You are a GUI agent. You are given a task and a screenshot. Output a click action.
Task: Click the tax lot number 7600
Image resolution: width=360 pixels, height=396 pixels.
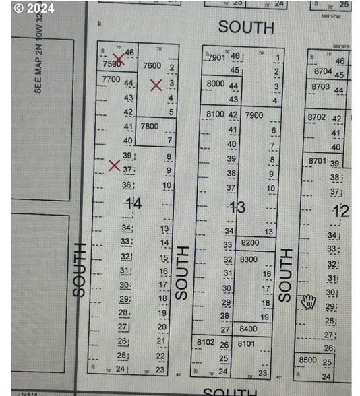(152, 65)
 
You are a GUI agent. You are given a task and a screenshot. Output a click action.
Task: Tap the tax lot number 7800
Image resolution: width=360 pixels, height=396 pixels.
(150, 127)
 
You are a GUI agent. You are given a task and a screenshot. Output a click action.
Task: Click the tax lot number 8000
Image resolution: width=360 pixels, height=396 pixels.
(216, 84)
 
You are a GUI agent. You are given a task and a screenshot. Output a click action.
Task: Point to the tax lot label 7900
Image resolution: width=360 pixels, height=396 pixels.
(254, 115)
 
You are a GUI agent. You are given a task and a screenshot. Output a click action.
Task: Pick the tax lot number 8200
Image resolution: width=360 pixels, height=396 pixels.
(249, 242)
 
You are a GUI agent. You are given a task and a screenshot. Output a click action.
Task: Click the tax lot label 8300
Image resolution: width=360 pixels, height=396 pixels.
(249, 259)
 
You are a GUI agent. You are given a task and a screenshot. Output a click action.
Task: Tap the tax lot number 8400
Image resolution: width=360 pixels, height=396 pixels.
(248, 329)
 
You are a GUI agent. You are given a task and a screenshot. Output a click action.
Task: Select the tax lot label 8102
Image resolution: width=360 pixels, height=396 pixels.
(206, 343)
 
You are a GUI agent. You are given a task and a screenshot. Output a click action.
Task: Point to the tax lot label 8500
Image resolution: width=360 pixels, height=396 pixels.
(307, 360)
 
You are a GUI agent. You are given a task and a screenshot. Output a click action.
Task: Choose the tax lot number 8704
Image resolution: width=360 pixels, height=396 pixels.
(323, 71)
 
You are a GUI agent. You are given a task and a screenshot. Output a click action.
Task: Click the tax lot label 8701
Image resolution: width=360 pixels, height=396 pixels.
(317, 162)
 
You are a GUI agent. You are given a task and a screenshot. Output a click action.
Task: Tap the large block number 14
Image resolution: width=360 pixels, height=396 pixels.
(132, 202)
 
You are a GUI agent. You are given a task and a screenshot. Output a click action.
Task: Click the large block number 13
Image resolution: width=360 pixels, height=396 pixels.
(237, 207)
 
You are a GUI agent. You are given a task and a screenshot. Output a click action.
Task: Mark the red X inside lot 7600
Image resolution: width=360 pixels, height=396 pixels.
(156, 85)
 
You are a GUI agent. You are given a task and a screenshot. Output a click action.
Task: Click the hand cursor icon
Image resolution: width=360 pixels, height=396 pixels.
(309, 301)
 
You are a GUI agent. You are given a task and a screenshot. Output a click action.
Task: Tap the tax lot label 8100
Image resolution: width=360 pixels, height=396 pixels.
(214, 114)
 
